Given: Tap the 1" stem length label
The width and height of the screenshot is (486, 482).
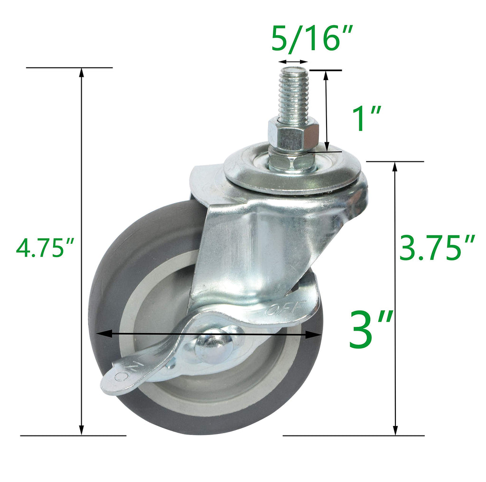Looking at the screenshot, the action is (x=367, y=118).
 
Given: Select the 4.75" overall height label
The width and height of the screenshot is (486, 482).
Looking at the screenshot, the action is (x=45, y=248).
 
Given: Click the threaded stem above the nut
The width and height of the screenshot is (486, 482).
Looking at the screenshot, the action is (x=293, y=93).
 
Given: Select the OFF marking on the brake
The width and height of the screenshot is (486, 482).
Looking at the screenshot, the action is (x=284, y=308).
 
